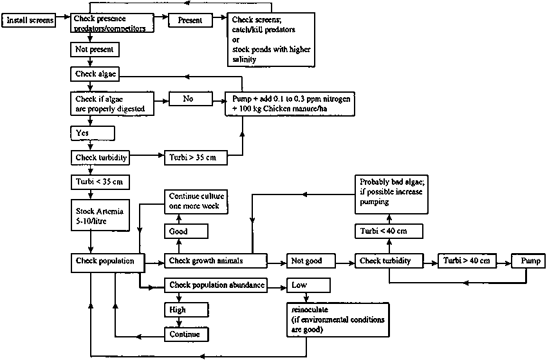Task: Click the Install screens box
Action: coord(30,21)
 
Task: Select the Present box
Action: coord(190,21)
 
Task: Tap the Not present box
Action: coord(92,48)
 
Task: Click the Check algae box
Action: coord(95,74)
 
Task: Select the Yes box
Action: coord(92,133)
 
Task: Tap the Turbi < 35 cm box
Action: coord(100,183)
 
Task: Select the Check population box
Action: coord(104,261)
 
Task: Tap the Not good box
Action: coord(313,261)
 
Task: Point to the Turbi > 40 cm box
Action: coord(467,261)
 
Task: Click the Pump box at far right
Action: coord(528,261)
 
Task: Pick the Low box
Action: coord(309,285)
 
